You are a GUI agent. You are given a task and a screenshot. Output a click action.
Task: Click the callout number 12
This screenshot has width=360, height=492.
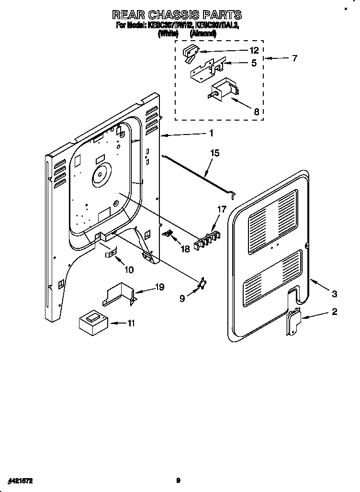tap(254, 50)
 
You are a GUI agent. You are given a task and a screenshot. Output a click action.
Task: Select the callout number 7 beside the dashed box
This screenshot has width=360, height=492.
tap(294, 58)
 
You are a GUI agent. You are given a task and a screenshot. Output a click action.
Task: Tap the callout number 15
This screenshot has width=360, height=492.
tap(215, 153)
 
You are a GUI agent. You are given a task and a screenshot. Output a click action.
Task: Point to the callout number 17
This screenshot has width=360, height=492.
tap(222, 209)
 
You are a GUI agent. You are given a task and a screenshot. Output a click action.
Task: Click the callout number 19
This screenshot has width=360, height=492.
tap(159, 287)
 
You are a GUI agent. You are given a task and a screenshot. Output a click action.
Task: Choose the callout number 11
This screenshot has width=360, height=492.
tap(130, 324)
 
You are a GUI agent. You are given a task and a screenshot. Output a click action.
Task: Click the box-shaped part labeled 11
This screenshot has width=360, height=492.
tap(92, 322)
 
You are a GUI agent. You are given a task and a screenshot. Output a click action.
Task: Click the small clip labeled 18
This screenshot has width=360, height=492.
tap(168, 233)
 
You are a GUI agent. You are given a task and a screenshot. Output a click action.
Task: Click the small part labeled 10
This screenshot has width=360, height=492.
tap(111, 253)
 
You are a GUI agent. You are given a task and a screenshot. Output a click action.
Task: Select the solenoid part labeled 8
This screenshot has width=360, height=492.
tap(223, 90)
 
